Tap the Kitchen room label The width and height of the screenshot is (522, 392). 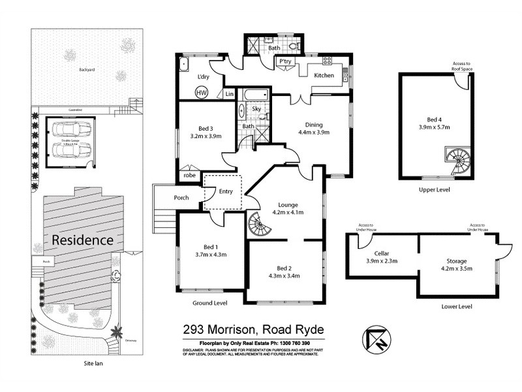324,76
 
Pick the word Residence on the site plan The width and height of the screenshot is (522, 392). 83,240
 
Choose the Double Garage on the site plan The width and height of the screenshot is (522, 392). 67,142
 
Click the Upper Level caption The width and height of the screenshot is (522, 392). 434,189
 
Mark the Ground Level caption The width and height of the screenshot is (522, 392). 209,303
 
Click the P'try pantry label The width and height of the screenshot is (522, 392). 284,61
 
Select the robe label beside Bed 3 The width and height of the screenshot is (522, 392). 189,175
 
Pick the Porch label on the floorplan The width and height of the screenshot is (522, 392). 181,197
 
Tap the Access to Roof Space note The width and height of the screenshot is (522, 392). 465,66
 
